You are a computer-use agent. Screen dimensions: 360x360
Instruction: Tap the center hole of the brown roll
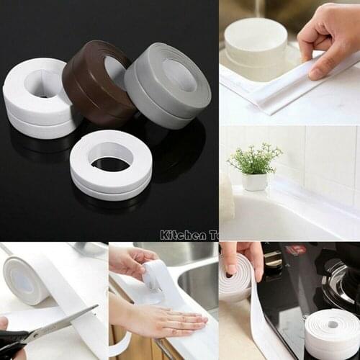[x=114, y=70]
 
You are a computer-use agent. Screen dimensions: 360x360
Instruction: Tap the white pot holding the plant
[x=255, y=181]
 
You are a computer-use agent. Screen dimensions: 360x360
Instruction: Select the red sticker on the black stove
[x=294, y=250]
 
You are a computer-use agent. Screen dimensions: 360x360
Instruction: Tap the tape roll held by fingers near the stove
[x=235, y=277]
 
